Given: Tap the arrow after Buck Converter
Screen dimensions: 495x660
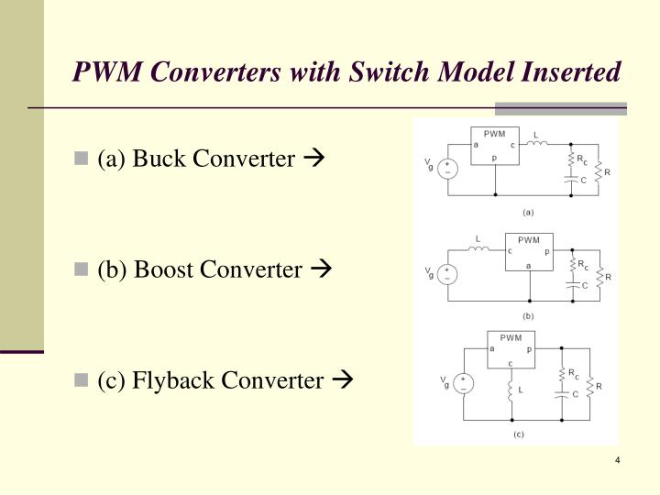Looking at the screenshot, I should [313, 159].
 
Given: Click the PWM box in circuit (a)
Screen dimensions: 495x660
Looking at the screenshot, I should [494, 146].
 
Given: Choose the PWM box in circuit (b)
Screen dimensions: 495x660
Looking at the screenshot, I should [529, 252].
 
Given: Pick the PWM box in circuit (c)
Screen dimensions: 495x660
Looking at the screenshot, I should [511, 348].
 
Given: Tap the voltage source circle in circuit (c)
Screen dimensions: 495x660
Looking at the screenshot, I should [465, 383].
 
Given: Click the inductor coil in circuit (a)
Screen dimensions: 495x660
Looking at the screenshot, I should [538, 142].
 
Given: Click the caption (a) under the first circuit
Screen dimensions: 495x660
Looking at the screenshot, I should [528, 211].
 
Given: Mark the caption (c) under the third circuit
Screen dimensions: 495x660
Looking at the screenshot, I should [518, 434].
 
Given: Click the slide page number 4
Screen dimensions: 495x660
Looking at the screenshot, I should [619, 459].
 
